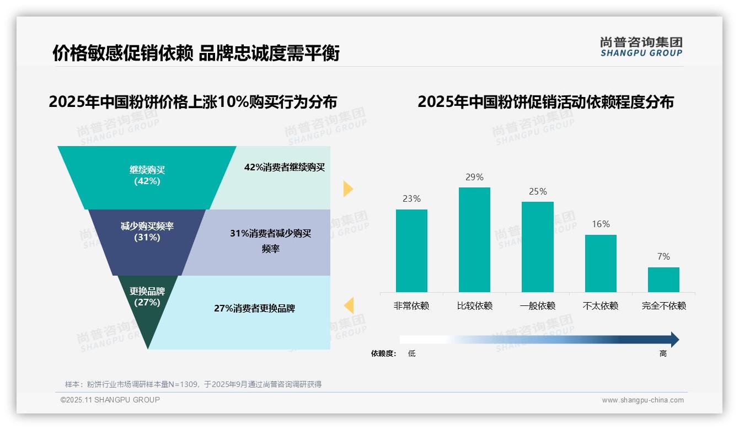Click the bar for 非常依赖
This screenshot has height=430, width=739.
[411, 251]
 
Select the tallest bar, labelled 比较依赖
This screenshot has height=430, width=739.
[474, 240]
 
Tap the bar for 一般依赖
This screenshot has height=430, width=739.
[538, 247]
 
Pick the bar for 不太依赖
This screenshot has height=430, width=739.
[601, 264]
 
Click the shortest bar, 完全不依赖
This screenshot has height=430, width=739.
[663, 279]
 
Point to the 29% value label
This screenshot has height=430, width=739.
[474, 178]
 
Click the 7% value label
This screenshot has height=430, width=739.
[663, 257]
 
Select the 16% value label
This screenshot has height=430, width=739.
[601, 224]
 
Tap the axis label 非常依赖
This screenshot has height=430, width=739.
[411, 306]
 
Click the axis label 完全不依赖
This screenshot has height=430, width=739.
[664, 306]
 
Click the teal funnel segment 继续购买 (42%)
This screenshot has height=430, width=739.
[147, 176]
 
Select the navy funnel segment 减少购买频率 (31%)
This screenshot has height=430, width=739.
[147, 232]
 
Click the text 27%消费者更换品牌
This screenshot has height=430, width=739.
[254, 309]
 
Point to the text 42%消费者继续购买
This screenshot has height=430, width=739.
[285, 168]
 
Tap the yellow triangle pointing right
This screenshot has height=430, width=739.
[347, 189]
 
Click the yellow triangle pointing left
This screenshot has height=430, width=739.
[349, 305]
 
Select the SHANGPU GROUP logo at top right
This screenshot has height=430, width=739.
[641, 47]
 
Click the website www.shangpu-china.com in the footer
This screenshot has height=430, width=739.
[642, 400]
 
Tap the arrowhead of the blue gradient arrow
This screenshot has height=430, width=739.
[674, 340]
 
